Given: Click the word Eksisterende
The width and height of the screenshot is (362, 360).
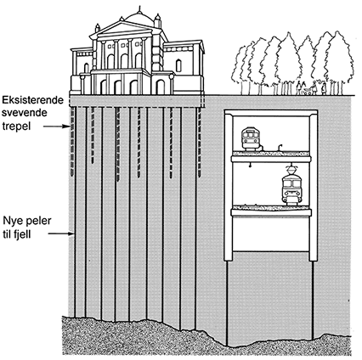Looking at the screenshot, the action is (x=33, y=100).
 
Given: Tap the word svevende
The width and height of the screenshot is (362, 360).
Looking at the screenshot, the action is (x=25, y=113).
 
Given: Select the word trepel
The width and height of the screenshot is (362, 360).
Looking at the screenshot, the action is (x=16, y=127).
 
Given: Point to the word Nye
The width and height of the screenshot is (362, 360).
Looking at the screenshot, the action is (x=12, y=221).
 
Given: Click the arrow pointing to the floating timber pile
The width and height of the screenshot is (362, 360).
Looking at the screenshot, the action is (x=56, y=127).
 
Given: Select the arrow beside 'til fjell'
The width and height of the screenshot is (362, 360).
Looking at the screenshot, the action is (x=61, y=233).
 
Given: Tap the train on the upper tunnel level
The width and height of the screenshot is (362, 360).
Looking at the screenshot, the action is (x=251, y=138).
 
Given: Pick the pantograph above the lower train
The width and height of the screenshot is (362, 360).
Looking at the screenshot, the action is (x=291, y=169).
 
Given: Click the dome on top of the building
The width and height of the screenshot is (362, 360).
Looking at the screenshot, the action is (x=139, y=19).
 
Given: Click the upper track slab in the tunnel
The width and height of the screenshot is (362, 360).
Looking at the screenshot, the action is (x=271, y=157).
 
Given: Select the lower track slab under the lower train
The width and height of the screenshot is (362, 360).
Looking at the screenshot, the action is (x=271, y=211).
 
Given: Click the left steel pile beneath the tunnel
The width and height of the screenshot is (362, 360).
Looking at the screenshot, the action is (x=227, y=303).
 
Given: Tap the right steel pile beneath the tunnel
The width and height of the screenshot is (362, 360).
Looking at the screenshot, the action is (x=314, y=300).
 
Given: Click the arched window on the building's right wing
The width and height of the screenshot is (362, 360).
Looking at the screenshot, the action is (x=178, y=65).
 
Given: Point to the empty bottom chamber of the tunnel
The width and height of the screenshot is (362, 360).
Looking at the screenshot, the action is (x=270, y=234).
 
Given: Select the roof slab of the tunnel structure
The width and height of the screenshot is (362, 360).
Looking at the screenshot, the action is (x=271, y=113).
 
